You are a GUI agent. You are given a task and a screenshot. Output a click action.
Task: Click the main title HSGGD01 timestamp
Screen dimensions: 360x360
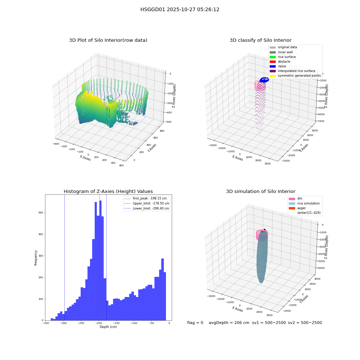pyautogui.click(x=180, y=9)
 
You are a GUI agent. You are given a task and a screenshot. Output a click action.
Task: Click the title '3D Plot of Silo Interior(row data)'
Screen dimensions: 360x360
pyautogui.click(x=108, y=40)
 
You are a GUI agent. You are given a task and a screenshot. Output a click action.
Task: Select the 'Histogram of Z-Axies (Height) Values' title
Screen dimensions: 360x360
pyautogui.click(x=108, y=191)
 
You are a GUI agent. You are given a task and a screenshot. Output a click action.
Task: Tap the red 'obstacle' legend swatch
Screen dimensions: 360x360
pyautogui.click(x=273, y=62)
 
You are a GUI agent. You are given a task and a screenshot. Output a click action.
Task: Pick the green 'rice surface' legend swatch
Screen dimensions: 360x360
pyautogui.click(x=273, y=57)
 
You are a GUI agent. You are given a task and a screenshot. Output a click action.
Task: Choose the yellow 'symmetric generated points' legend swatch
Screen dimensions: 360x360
pyautogui.click(x=273, y=76)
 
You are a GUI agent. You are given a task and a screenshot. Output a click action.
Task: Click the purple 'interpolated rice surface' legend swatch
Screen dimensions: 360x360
pyautogui.click(x=273, y=71)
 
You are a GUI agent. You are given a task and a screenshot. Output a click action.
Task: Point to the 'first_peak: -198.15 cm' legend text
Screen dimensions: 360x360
pyautogui.click(x=150, y=198)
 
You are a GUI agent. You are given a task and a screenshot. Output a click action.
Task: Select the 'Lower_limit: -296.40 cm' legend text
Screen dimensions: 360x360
pyautogui.click(x=151, y=208)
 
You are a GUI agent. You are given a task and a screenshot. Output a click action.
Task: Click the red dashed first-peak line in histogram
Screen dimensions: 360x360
pyautogui.click(x=99, y=257)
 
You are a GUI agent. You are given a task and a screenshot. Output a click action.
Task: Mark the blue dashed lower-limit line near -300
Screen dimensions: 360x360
pyautogui.click(x=64, y=257)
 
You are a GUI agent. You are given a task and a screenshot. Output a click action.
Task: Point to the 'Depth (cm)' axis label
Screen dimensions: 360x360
pyautogui.click(x=108, y=327)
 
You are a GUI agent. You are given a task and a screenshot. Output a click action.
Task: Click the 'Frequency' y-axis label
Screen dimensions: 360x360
pyautogui.click(x=36, y=258)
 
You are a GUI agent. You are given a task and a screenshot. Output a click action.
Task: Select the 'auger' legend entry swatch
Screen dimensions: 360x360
pyautogui.click(x=292, y=208)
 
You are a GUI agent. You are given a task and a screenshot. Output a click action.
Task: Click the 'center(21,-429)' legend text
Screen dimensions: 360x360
pyautogui.click(x=309, y=213)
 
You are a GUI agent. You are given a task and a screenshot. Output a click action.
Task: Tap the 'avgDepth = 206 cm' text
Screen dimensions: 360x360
pyautogui.click(x=229, y=323)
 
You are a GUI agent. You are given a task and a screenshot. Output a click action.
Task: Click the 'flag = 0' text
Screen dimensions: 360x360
pyautogui.click(x=195, y=323)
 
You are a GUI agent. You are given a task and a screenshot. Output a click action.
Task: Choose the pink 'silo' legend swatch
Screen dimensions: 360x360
pyautogui.click(x=292, y=199)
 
